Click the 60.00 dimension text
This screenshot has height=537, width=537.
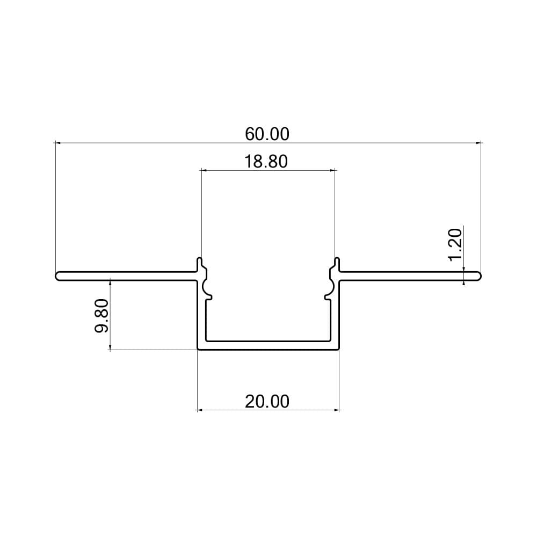(267, 134)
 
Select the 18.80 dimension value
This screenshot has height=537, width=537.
(267, 161)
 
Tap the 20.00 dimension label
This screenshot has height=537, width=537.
(267, 401)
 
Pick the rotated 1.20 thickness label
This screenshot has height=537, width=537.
(455, 244)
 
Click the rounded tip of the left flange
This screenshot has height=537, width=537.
(57, 276)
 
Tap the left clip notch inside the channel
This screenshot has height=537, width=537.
(208, 290)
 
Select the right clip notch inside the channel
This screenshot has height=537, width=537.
(328, 290)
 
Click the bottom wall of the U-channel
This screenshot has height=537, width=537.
(268, 345)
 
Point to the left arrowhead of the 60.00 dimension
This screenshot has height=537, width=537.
(58, 143)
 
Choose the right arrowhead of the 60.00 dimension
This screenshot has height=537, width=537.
(478, 143)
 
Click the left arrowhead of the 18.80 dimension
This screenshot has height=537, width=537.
(204, 171)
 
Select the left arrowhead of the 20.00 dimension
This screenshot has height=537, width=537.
(200, 410)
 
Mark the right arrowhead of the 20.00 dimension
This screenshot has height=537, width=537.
(337, 410)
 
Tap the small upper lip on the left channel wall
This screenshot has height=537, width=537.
(200, 263)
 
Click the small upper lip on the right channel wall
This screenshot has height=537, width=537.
(337, 263)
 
